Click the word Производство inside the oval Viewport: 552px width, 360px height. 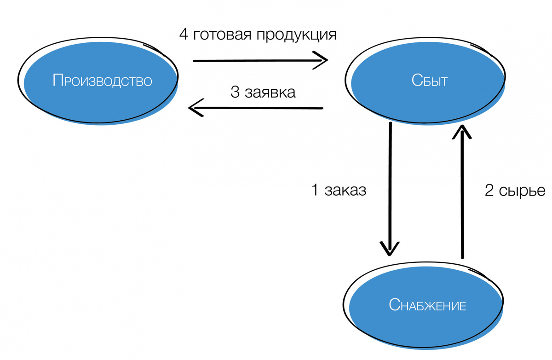(x=102, y=81)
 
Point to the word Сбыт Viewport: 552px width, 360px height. (x=430, y=81)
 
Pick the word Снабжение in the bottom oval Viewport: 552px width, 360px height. (x=428, y=305)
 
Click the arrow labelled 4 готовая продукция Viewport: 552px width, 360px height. (x=258, y=60)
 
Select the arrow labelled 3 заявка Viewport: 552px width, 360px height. (x=258, y=108)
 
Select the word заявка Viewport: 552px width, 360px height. (x=270, y=92)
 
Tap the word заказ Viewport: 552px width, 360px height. (x=345, y=190)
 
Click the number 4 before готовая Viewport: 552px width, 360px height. (x=184, y=35)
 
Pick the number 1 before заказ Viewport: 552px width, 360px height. (x=316, y=190)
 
